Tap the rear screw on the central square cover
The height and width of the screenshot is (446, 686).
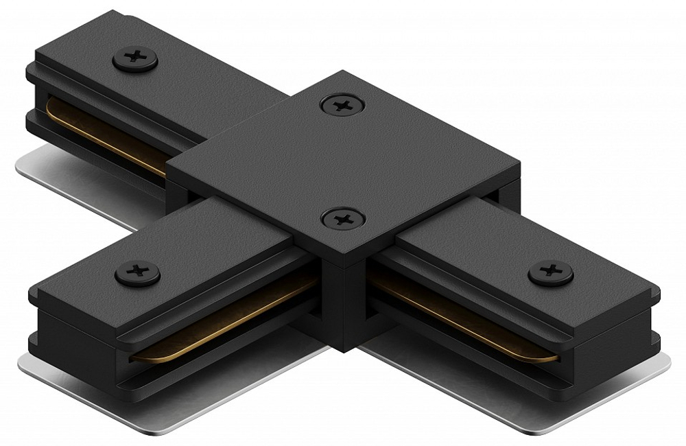(x=342, y=105)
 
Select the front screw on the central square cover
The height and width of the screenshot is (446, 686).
(x=342, y=220)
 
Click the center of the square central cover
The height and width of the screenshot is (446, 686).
(x=343, y=161)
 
